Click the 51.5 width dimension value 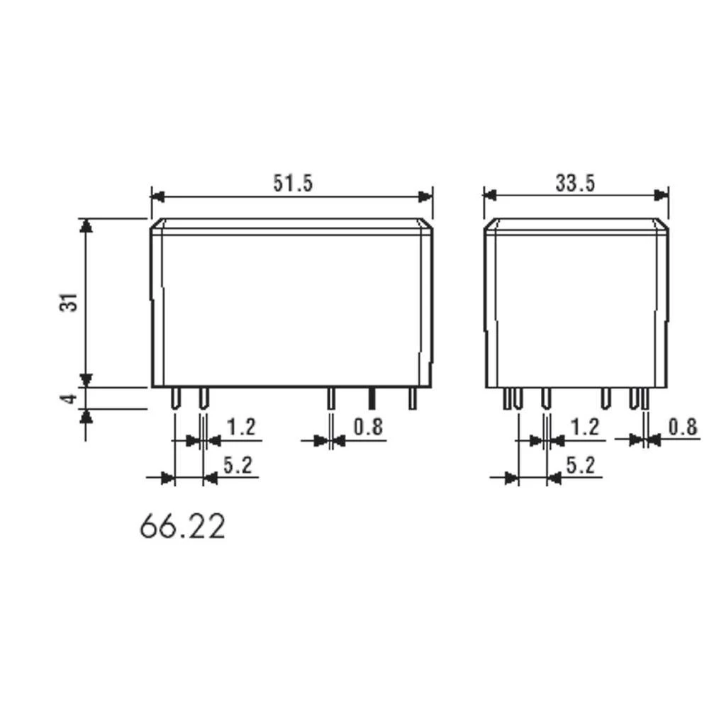click(293, 183)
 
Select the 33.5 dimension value click(575, 183)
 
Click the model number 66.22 click(182, 527)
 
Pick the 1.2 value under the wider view click(240, 427)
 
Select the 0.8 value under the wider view click(367, 427)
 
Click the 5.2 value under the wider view click(238, 465)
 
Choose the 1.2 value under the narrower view click(584, 427)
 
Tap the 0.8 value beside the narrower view click(683, 427)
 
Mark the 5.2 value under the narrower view click(581, 465)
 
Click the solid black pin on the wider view click(370, 398)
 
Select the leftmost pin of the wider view click(175, 398)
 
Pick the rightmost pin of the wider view click(411, 398)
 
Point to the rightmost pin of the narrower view click(644, 399)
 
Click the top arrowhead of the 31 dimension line click(86, 225)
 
